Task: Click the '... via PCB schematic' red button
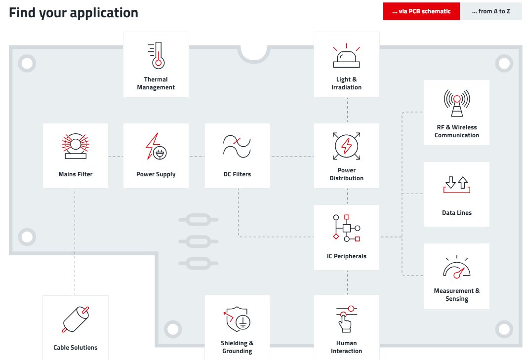point(421,11)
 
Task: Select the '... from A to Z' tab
point(490,11)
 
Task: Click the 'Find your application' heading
point(74,13)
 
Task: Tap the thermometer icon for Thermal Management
point(156,55)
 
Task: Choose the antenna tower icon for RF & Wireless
point(456,104)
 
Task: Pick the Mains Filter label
point(76,174)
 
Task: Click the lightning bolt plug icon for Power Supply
point(156,146)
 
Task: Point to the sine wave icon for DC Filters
point(237,146)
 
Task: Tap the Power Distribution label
point(346,174)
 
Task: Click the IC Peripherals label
point(346,256)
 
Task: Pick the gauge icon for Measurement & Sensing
point(456,267)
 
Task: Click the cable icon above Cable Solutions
point(76,319)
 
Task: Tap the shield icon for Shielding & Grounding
point(237,319)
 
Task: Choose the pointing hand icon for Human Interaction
point(346,319)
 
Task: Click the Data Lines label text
point(456,213)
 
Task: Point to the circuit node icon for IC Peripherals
point(346,228)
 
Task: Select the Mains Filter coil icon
point(76,146)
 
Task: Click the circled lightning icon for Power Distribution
point(346,146)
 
